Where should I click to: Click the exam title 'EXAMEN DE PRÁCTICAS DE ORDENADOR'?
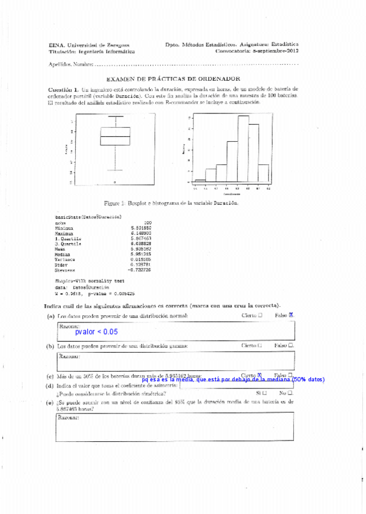tap(173, 79)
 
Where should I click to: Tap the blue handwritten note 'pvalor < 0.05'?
tap(96, 332)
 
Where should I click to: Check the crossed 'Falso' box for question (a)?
tap(291, 315)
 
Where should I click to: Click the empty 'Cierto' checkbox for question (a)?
tap(260, 315)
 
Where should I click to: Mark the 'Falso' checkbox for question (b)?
tap(291, 345)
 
